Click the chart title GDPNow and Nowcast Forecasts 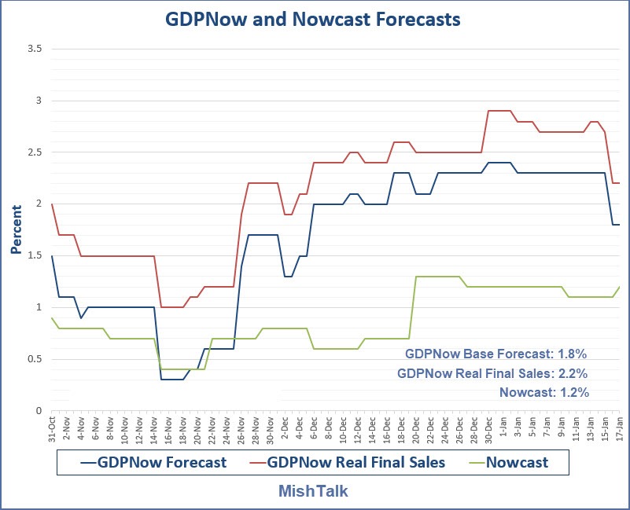312,20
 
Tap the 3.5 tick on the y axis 34,49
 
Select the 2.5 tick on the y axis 34,152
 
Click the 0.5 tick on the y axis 34,359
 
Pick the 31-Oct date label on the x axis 53,427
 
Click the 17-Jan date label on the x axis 619,427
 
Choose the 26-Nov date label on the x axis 241,427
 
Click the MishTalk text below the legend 313,490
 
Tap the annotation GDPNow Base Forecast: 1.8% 496,354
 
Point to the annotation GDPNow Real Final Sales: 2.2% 492,373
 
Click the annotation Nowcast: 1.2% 543,392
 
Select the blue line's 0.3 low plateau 171,380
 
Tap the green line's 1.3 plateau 437,277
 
